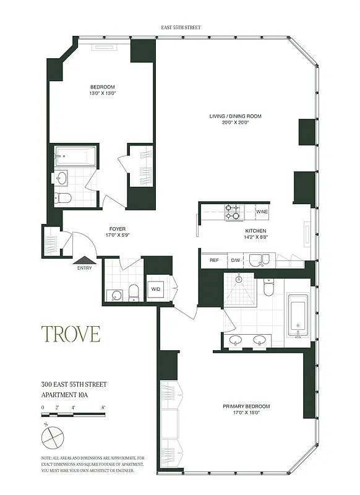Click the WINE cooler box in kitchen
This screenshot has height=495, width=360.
262,212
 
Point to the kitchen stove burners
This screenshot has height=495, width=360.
233,212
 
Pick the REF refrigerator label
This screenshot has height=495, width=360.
215,260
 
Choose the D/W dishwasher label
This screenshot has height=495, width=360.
235,260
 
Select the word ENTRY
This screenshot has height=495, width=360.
85,269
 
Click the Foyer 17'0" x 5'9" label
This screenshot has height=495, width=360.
116,232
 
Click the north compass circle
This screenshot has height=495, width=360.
53,437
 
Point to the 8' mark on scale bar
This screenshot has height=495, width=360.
103,407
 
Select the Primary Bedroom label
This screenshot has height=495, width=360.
246,410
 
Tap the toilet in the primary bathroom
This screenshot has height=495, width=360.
268,288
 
